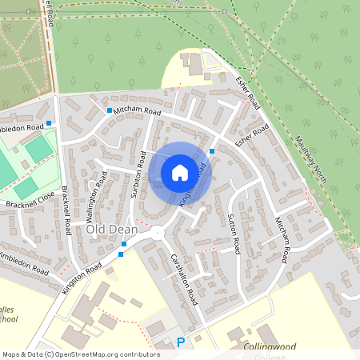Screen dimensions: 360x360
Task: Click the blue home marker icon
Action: (180, 172)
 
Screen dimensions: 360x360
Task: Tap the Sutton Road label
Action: (234, 229)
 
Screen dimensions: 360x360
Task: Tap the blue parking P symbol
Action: (180, 342)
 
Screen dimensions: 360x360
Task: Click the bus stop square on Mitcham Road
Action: (109, 110)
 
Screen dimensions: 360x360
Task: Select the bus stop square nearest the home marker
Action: (212, 151)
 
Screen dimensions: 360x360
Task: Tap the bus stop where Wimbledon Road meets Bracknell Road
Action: (49, 123)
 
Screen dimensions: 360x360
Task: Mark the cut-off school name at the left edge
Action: (8, 313)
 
